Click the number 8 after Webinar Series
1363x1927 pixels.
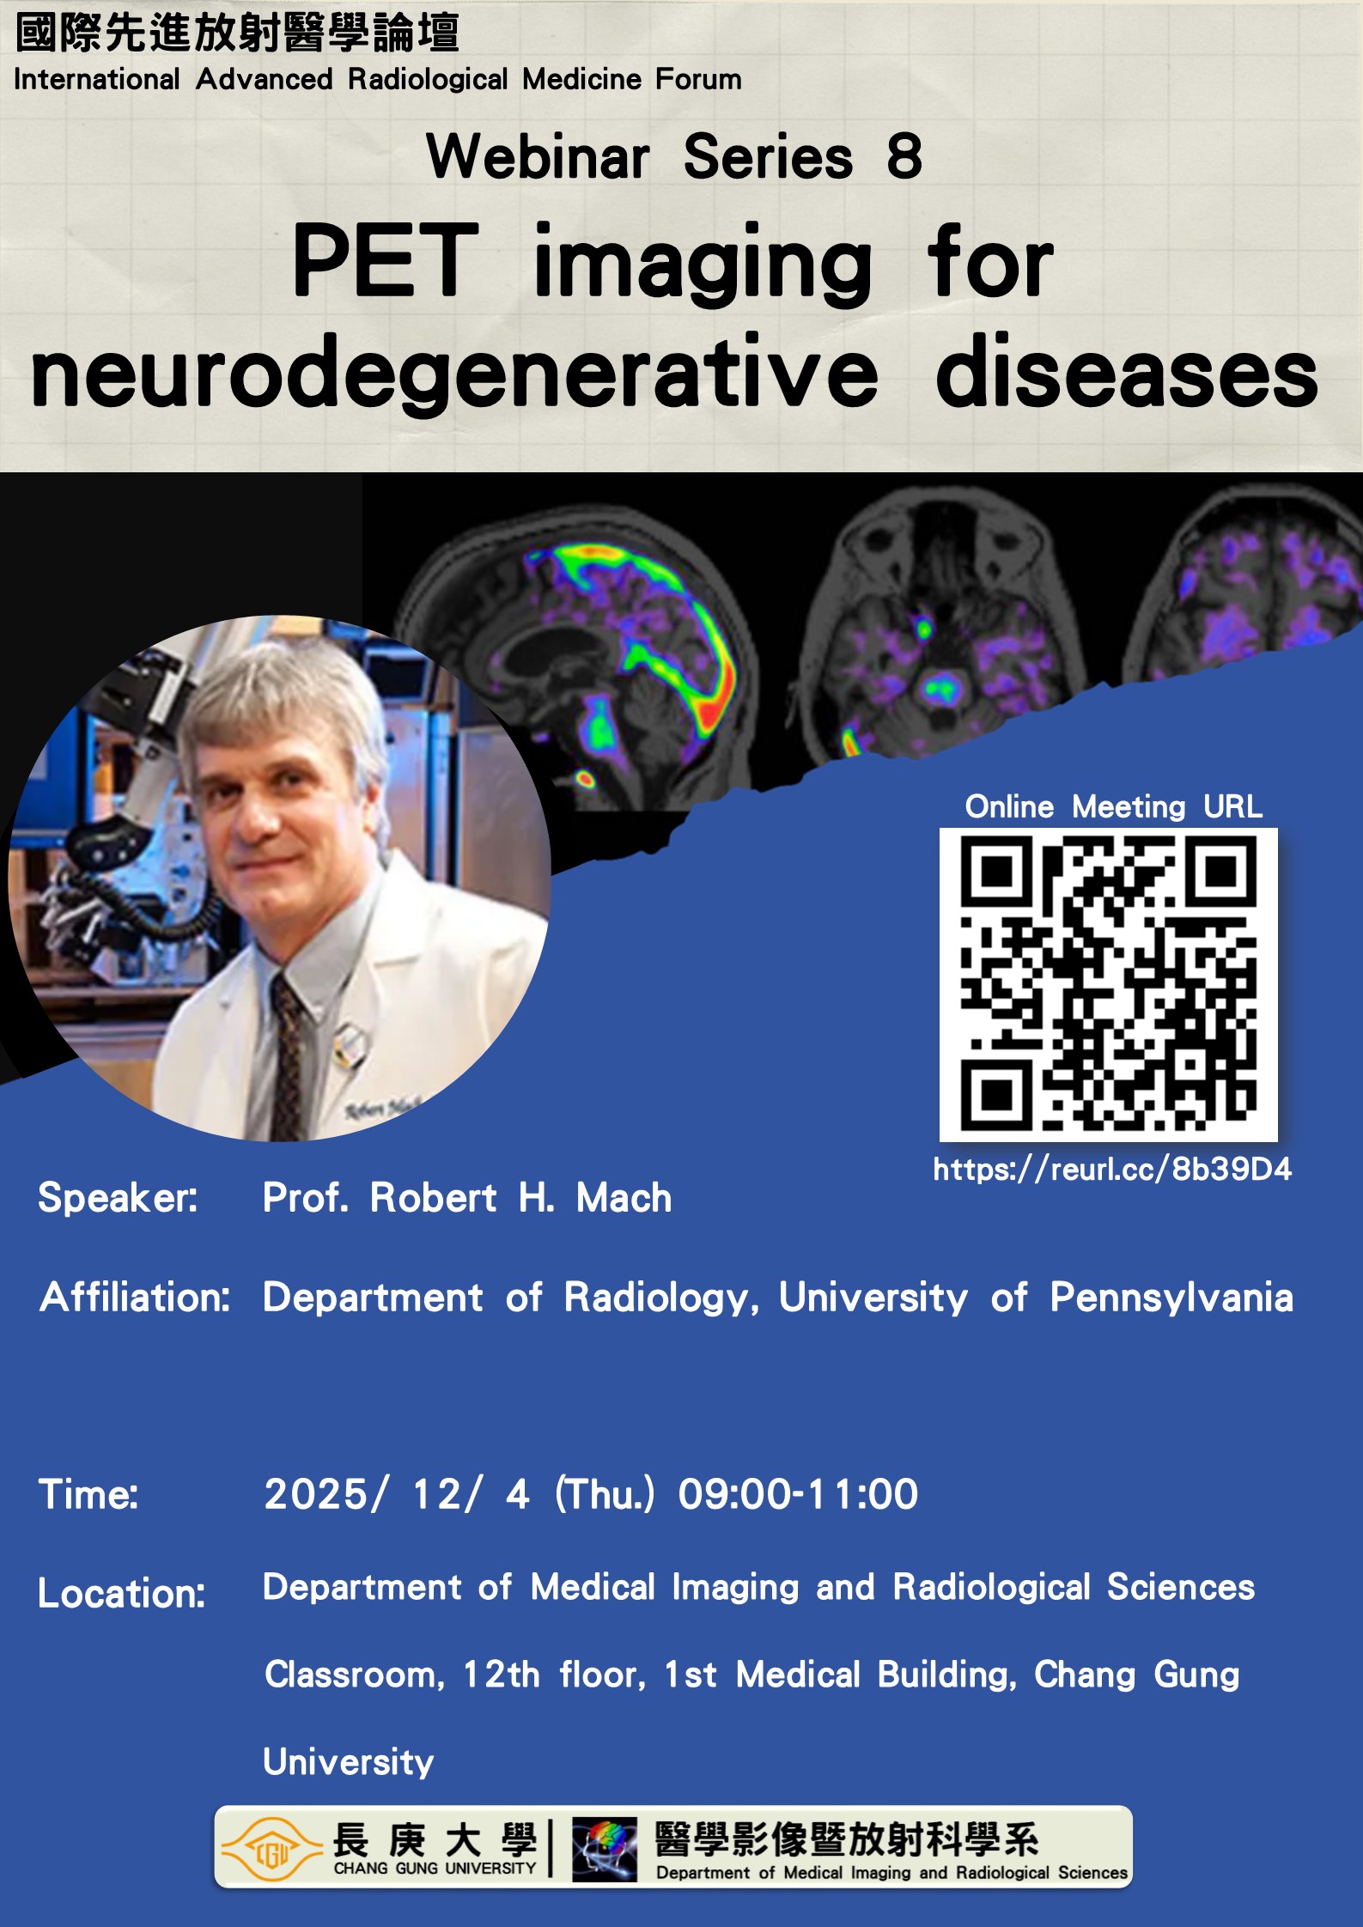[x=904, y=156]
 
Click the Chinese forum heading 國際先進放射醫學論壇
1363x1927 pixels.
[x=237, y=33]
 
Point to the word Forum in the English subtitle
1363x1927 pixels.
[x=698, y=79]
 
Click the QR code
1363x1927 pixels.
[x=1108, y=984]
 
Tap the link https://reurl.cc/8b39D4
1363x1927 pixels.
[x=1112, y=1169]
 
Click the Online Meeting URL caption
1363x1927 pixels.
[x=1114, y=806]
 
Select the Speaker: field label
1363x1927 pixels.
[x=118, y=1197]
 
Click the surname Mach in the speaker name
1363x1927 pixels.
[x=624, y=1197]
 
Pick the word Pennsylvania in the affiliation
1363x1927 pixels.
[x=1171, y=1298]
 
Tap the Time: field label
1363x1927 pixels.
[x=88, y=1494]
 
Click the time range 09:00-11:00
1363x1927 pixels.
[x=798, y=1494]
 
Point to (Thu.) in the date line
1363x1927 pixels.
[x=605, y=1494]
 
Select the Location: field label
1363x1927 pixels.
[x=122, y=1594]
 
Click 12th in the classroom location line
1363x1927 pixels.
[x=501, y=1675]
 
